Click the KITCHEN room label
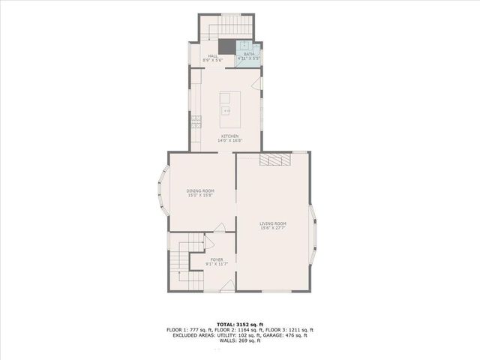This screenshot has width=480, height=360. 229,136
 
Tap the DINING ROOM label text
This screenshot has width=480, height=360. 200,190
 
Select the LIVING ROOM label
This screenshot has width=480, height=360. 273,223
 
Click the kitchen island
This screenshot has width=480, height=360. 230,109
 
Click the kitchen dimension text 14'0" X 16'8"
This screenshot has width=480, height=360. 229,140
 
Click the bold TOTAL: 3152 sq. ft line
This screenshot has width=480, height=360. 239,323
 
